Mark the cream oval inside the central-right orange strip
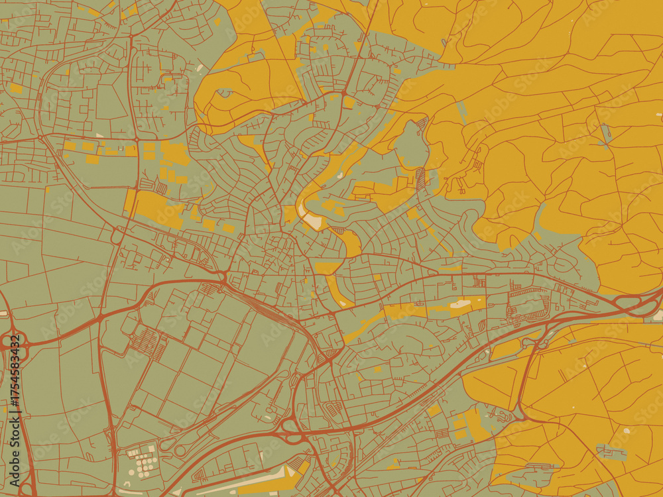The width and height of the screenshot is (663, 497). click(460, 304)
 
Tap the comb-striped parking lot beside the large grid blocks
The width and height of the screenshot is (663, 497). click(146, 341)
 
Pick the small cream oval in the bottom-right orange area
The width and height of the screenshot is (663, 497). click(626, 431)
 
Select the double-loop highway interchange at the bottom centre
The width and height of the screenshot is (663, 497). click(292, 431)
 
